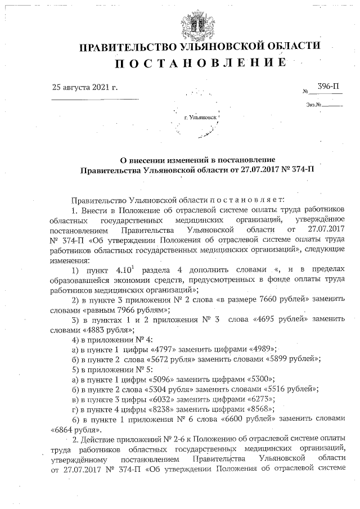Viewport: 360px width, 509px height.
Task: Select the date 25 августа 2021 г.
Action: coord(84,88)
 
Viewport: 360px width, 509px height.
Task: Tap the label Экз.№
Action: coord(314,105)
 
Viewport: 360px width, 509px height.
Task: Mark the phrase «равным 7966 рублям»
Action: coord(134,310)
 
